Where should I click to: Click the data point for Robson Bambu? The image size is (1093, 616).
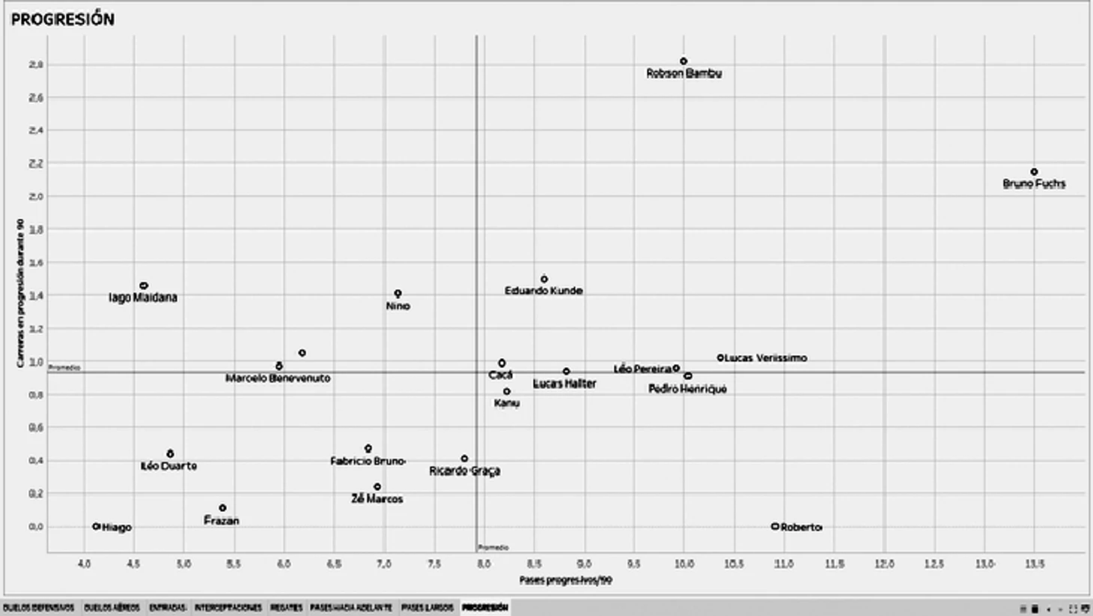point(683,61)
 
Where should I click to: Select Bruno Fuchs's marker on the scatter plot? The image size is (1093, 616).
point(1034,172)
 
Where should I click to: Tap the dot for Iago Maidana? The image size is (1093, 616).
point(144,286)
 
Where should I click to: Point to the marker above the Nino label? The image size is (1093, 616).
point(398,294)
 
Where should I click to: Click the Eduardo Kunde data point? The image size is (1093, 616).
point(544,279)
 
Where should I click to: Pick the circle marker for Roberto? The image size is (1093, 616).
point(775,527)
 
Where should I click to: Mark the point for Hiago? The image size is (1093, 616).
point(97,527)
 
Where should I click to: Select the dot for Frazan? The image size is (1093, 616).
point(222,508)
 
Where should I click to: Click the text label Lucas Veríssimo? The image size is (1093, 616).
point(766,358)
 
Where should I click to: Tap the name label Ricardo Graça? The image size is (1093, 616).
point(464,471)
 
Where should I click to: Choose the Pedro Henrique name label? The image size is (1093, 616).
point(687,389)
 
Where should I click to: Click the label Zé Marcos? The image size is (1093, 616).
point(377,499)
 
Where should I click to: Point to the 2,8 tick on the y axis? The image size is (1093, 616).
point(36,65)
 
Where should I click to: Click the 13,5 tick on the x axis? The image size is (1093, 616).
point(1034,564)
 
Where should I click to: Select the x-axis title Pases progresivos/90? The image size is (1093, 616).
point(565,580)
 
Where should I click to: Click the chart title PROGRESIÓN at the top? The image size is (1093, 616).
point(63,19)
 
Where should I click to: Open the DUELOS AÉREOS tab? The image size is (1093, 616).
point(112,608)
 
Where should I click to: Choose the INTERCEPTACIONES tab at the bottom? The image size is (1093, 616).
point(228,608)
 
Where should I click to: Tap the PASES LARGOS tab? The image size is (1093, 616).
point(427,608)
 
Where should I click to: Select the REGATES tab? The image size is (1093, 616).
point(286,608)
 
